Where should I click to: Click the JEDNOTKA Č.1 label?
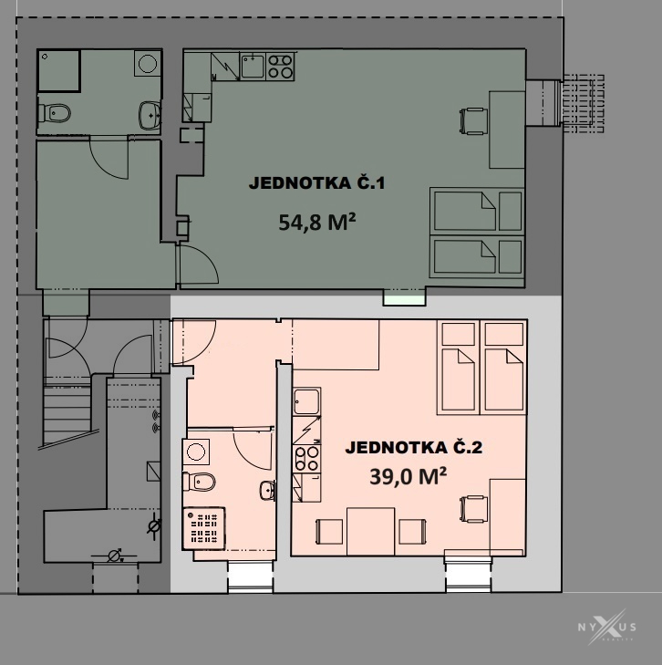(316, 183)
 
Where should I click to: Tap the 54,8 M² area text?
(317, 222)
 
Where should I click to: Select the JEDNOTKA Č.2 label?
(414, 448)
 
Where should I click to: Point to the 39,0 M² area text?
(409, 476)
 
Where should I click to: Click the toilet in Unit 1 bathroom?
(54, 113)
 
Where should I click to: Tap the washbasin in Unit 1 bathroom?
(150, 115)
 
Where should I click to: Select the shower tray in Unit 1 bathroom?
(59, 70)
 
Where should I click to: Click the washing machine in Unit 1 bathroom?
(148, 63)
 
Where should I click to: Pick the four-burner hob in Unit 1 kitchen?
(280, 67)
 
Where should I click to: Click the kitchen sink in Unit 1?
(253, 67)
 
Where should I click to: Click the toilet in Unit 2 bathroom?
(199, 482)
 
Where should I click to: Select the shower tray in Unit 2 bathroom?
(204, 528)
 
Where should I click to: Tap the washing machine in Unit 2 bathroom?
(196, 452)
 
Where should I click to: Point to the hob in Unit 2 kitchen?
(306, 458)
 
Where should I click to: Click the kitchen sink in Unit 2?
(306, 401)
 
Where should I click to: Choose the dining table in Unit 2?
(371, 532)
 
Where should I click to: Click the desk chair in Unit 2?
(474, 509)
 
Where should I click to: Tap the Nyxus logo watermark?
(607, 627)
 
